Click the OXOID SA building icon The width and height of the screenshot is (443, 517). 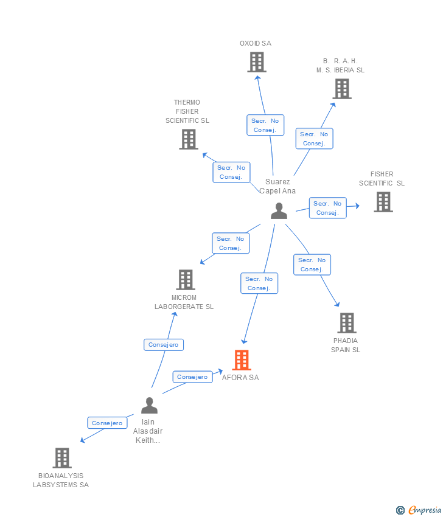click(257, 62)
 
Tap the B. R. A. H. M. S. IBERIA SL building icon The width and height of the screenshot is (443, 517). click(342, 89)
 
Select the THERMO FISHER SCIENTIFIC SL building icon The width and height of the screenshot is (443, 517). click(189, 139)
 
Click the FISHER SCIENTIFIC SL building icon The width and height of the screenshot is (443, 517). click(383, 202)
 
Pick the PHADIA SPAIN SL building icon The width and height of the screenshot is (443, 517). click(346, 323)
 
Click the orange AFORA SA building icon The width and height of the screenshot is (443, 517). click(242, 360)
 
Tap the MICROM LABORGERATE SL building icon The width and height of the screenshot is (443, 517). click(185, 280)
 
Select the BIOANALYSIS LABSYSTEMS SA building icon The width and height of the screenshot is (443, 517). click(61, 458)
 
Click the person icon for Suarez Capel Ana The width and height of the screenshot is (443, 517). click(279, 211)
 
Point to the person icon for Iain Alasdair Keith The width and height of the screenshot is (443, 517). click(149, 405)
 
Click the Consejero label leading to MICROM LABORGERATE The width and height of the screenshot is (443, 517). click(164, 345)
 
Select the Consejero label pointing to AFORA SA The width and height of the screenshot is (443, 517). click(192, 377)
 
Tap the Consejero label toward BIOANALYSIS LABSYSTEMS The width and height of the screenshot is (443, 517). click(107, 423)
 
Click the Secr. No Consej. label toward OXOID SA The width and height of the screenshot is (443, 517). click(265, 125)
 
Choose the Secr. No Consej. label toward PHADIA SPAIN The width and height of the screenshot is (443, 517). click(312, 265)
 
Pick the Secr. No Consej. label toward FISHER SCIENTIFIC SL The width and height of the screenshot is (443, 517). click(327, 208)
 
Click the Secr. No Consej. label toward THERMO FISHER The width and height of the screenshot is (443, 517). click(231, 172)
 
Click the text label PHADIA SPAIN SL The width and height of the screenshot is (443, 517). click(346, 345)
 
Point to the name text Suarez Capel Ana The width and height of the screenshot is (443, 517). click(277, 186)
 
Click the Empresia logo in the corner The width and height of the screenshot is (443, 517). click(419, 510)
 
